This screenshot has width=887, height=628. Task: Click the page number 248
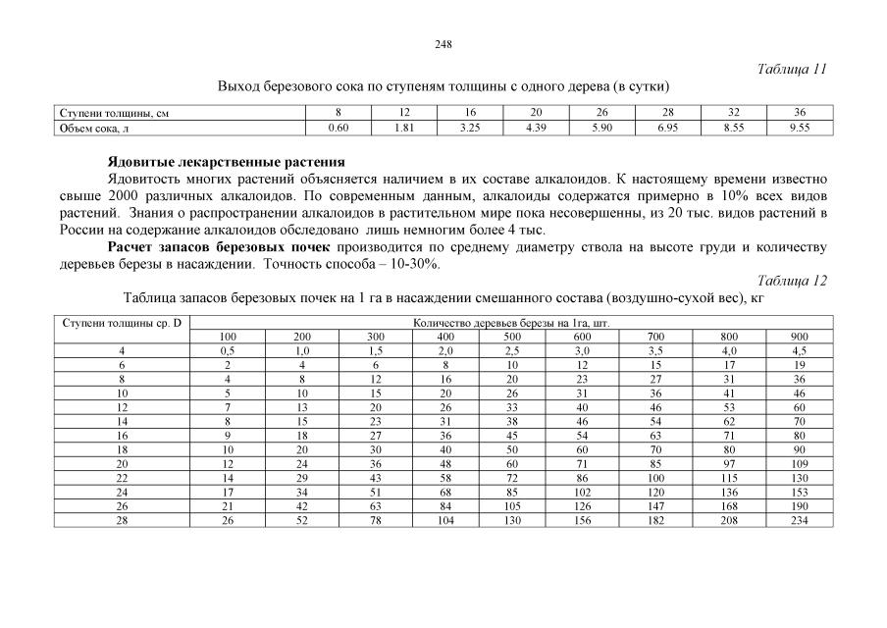point(443,44)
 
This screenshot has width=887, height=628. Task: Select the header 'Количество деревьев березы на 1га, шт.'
point(511,322)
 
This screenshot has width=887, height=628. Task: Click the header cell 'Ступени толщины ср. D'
point(122,322)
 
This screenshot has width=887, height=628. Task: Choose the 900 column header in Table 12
point(799,337)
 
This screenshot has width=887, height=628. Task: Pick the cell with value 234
point(799,519)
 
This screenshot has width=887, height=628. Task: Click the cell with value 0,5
point(228,350)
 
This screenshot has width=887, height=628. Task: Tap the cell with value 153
point(799,491)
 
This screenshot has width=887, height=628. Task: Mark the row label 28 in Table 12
point(122,519)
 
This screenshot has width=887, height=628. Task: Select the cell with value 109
point(799,463)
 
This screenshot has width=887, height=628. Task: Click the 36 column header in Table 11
point(800,114)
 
